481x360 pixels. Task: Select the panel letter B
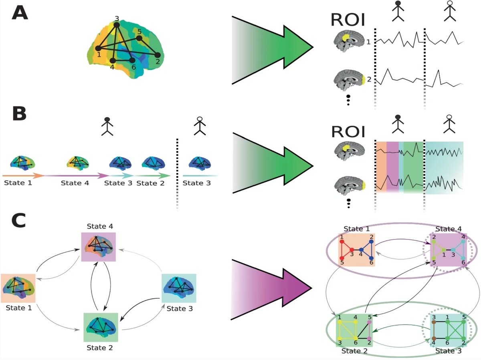coord(19,113)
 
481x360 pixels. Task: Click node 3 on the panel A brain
coord(116,25)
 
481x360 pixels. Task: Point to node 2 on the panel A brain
coord(158,55)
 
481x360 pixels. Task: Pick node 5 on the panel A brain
coord(139,38)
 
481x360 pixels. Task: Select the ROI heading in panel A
coord(348,20)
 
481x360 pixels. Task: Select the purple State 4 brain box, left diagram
coord(98,247)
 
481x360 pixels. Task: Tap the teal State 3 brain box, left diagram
coord(178,289)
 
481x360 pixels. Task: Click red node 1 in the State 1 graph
coord(341,242)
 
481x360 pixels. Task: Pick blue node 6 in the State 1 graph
coord(371,257)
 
